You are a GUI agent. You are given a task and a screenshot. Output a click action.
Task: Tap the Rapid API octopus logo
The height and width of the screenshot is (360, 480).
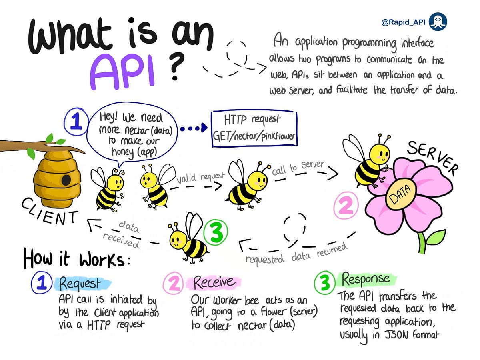click(438, 22)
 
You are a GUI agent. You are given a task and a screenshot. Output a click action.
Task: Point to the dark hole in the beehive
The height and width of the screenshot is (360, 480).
click(66, 179)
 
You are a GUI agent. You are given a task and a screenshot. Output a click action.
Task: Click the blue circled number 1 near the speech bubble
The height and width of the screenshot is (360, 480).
click(75, 121)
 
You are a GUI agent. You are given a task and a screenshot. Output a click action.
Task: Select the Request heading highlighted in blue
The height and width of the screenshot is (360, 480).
click(80, 283)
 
